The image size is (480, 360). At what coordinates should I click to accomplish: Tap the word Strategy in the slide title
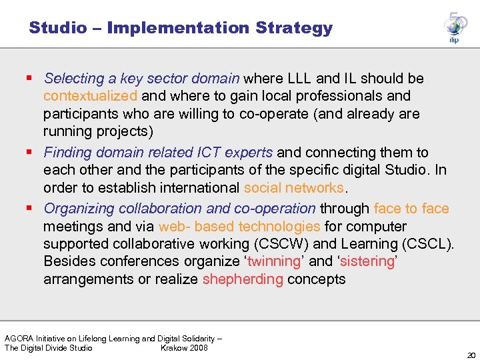coord(298,28)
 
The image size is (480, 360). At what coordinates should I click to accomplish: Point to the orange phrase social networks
coord(293,189)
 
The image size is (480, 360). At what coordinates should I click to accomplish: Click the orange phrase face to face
coord(411,209)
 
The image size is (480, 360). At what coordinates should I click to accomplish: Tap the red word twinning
coord(275,261)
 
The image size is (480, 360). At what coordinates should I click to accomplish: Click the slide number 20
coord(471,355)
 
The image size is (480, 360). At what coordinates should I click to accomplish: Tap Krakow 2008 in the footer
coord(184,348)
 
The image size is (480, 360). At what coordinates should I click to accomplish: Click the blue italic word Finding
coord(67,153)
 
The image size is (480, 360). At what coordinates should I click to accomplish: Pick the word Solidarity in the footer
coord(198,339)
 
